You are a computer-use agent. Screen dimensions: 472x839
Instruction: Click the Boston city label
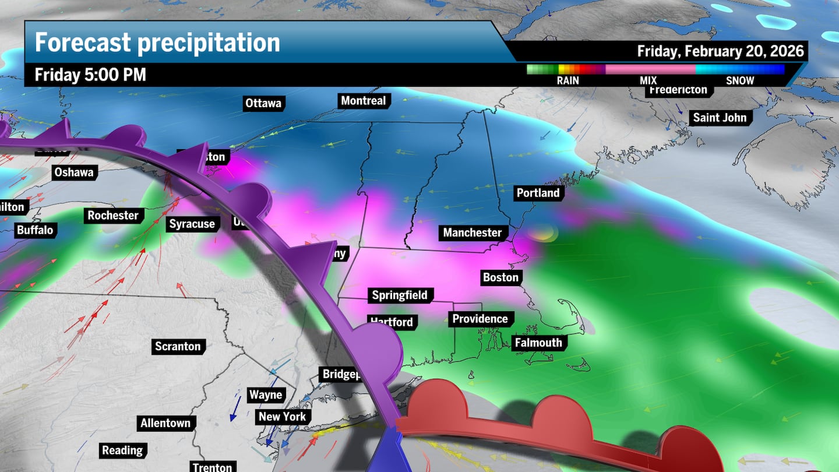[500, 277]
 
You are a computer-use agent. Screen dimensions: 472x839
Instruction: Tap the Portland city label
[538, 193]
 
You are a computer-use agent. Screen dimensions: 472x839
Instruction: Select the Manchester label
[472, 233]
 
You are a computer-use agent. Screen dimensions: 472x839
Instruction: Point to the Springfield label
[400, 295]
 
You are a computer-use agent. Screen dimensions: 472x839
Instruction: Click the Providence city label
[480, 319]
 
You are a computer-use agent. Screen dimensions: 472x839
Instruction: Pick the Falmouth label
[538, 343]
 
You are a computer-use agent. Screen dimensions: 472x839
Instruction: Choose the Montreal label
[363, 101]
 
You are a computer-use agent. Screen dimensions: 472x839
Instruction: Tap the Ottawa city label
[263, 103]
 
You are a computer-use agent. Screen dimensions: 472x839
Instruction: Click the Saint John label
[720, 118]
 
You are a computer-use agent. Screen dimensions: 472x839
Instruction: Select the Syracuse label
[192, 224]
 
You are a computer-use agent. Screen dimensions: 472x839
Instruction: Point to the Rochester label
[113, 216]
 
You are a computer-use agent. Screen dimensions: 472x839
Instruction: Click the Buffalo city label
[35, 230]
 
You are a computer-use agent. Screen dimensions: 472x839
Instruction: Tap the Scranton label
[178, 347]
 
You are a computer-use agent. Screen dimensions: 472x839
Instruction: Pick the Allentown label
[165, 423]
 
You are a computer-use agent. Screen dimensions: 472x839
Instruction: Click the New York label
[282, 417]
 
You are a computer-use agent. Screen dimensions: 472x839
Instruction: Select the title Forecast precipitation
[157, 43]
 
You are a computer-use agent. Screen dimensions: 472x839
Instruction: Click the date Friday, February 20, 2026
[720, 51]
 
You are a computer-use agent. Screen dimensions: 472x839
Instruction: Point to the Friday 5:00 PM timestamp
[90, 75]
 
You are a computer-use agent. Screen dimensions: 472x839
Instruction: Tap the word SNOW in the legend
[740, 81]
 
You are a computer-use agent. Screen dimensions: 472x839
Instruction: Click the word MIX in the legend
[648, 81]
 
